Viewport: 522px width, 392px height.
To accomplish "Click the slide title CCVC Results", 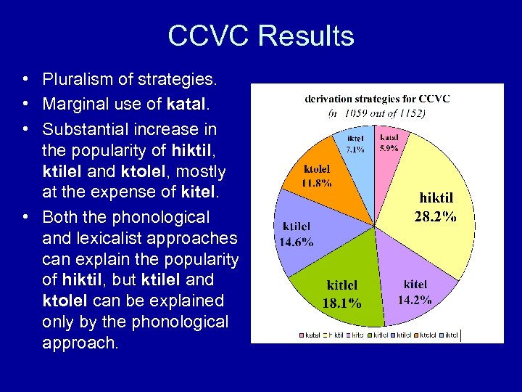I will [260, 36].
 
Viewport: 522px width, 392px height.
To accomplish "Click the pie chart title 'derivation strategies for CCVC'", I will [376, 99].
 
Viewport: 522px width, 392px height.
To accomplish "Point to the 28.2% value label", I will [435, 216].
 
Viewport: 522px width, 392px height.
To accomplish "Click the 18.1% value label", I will [342, 303].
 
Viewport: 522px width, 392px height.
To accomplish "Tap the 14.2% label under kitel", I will [415, 298].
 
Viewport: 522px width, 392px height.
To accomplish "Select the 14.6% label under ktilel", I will [297, 242].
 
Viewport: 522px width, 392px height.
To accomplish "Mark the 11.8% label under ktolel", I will [317, 182].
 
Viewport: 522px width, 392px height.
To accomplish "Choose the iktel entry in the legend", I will [449, 335].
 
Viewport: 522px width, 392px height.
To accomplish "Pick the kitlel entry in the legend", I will [380, 335].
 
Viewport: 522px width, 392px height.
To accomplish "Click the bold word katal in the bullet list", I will [187, 105].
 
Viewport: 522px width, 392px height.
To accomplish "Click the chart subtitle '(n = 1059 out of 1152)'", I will [376, 113].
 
